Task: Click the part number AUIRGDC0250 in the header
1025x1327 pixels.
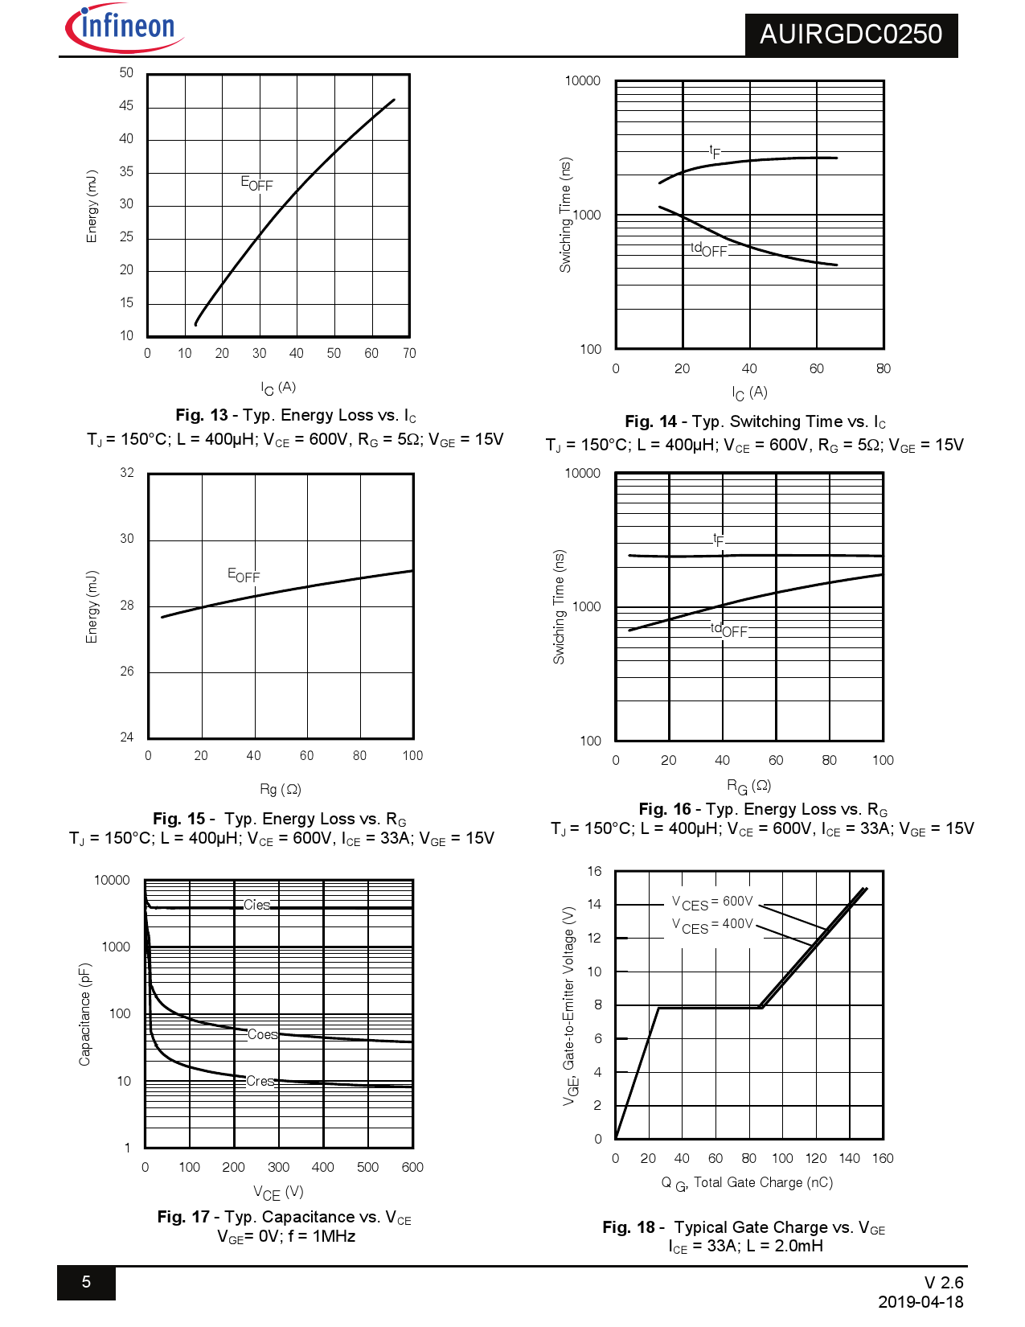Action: click(851, 35)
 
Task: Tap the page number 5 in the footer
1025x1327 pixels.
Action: click(86, 1282)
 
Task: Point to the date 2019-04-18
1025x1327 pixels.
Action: click(920, 1302)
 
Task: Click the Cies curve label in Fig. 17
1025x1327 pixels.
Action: click(257, 905)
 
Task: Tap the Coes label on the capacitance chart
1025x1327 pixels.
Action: click(262, 1034)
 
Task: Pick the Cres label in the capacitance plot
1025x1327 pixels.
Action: click(260, 1081)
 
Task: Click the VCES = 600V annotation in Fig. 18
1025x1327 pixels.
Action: click(712, 902)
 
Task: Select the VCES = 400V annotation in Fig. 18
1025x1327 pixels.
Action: click(712, 925)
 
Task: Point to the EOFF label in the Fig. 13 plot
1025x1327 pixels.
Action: click(256, 183)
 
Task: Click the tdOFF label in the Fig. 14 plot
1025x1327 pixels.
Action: click(708, 249)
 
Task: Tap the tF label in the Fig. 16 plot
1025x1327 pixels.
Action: click(719, 540)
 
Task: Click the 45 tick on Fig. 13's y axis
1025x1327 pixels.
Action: click(126, 105)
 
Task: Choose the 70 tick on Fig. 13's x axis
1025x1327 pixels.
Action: click(409, 353)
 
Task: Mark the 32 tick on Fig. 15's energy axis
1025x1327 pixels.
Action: click(127, 472)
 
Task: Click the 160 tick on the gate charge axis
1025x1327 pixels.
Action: click(883, 1158)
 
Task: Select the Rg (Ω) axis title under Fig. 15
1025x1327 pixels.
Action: click(280, 789)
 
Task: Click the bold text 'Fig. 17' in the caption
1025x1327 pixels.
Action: click(183, 1217)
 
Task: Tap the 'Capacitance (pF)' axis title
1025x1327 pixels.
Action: click(85, 1014)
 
